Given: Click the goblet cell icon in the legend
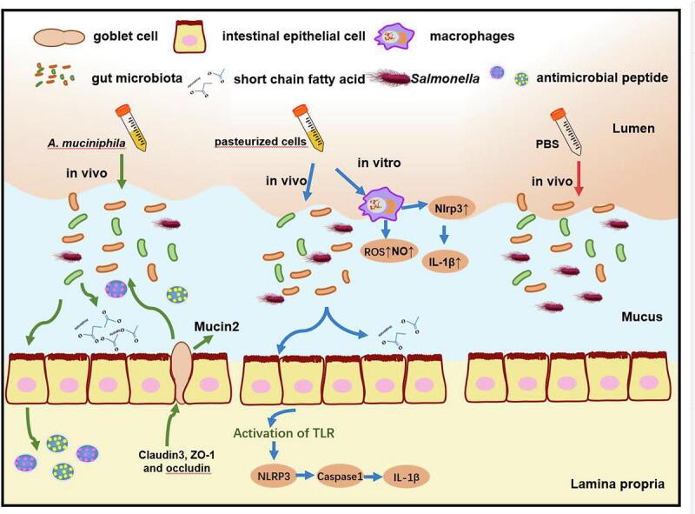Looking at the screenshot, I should coord(59,37).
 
